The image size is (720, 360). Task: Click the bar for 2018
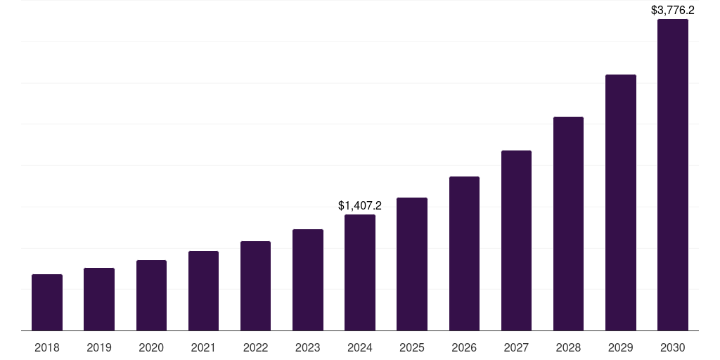(47, 302)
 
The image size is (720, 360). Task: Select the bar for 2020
(151, 295)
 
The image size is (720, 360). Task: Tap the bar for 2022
(255, 285)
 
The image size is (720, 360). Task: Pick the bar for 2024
(360, 272)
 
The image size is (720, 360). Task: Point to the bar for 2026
(464, 253)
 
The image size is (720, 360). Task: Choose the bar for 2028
(568, 224)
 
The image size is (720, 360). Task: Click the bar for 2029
(620, 202)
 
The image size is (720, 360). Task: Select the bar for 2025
(412, 264)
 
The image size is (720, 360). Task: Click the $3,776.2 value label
(672, 10)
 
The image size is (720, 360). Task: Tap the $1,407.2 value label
(360, 205)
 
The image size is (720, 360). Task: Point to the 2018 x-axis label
(47, 347)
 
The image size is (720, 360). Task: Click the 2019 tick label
(99, 347)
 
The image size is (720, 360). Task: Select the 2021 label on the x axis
(203, 347)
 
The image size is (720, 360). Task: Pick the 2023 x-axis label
(307, 347)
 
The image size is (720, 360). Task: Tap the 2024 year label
(360, 347)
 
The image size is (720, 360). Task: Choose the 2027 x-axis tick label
(516, 347)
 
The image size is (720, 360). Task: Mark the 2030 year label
(672, 347)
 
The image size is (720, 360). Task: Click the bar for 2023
(307, 280)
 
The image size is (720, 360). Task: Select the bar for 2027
(516, 240)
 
